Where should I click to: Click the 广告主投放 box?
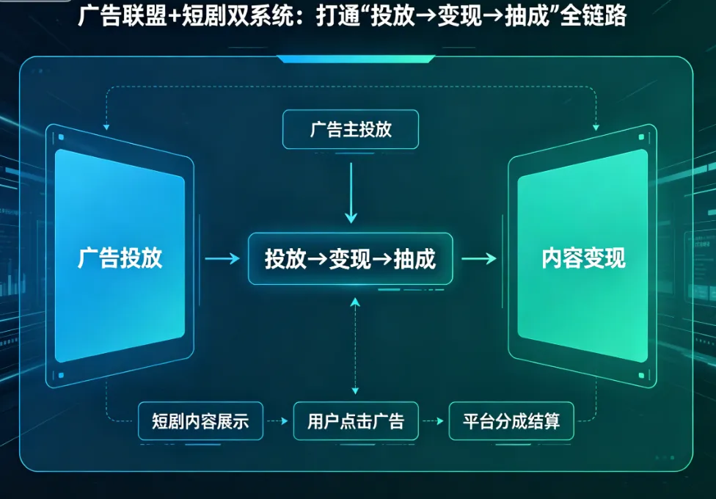pyautogui.click(x=351, y=130)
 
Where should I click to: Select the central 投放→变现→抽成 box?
pyautogui.click(x=351, y=258)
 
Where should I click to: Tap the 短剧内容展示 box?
pyautogui.click(x=200, y=421)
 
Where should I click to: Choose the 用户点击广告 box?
pyautogui.click(x=356, y=421)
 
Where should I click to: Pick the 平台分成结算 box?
pyautogui.click(x=511, y=421)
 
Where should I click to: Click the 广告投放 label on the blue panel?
pyautogui.click(x=120, y=258)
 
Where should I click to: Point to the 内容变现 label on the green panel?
pyautogui.click(x=583, y=258)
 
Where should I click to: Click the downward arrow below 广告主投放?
pyautogui.click(x=351, y=192)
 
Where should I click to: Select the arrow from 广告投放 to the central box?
pyautogui.click(x=222, y=258)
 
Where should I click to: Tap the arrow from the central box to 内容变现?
pyautogui.click(x=478, y=258)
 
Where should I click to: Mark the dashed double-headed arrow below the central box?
pyautogui.click(x=355, y=345)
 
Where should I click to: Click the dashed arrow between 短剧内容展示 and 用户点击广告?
pyautogui.click(x=277, y=422)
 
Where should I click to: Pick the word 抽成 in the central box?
pyautogui.click(x=414, y=258)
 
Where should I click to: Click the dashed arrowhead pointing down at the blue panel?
pyautogui.click(x=106, y=127)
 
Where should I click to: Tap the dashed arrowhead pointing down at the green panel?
pyautogui.click(x=596, y=127)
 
